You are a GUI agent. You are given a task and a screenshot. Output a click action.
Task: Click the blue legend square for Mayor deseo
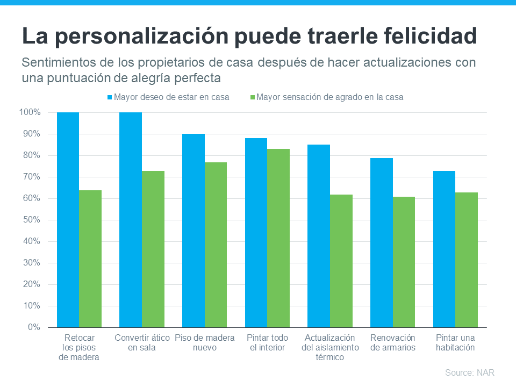pos(109,98)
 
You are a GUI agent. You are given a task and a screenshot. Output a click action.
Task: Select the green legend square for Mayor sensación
pos(253,98)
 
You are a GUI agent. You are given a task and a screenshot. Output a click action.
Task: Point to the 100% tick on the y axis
pos(31,112)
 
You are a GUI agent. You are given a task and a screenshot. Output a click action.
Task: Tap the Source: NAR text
pos(469,372)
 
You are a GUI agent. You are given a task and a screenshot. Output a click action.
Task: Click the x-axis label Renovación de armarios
pos(393,342)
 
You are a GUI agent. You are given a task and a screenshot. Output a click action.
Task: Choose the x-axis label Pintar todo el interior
pos(267,342)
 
